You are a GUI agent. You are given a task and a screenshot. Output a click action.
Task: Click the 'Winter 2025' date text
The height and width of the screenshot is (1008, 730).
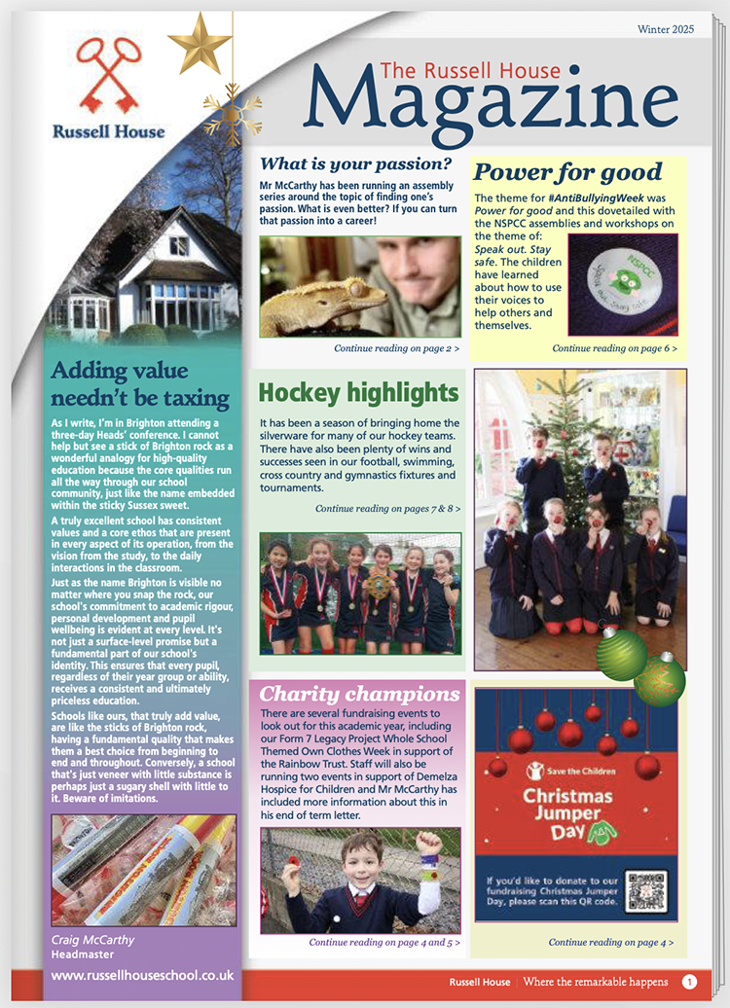(x=666, y=29)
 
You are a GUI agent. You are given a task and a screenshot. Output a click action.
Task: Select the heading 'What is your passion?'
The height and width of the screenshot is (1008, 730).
(x=355, y=162)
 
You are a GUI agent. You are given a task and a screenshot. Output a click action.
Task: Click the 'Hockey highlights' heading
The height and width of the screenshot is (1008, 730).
(x=358, y=393)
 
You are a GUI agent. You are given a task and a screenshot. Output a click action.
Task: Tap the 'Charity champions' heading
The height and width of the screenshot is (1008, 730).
(x=359, y=694)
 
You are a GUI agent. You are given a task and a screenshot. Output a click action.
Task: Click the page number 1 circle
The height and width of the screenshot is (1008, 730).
(x=689, y=982)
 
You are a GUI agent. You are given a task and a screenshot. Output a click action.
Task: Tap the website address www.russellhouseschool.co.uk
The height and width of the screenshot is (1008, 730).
(x=141, y=974)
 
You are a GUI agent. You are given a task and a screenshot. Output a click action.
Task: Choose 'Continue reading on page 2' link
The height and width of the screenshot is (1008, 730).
(x=396, y=347)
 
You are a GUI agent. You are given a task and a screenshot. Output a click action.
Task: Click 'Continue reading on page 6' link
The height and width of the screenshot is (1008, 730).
(x=614, y=347)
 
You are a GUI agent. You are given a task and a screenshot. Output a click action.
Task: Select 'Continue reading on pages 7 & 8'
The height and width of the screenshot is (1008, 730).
(x=387, y=509)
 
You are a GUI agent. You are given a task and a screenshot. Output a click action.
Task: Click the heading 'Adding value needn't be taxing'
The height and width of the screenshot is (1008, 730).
(x=140, y=383)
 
